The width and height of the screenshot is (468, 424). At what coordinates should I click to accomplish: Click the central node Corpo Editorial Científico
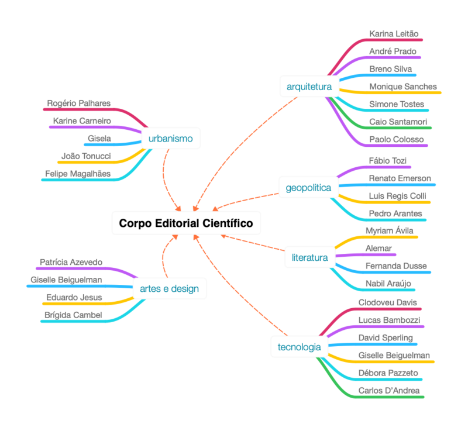tap(186, 223)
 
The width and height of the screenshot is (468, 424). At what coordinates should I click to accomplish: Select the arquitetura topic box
tap(309, 87)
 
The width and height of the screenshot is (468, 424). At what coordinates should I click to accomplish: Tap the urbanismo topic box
tap(171, 139)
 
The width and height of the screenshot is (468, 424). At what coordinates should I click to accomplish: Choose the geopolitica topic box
tap(308, 188)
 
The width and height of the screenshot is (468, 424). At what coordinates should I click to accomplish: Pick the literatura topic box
tap(309, 257)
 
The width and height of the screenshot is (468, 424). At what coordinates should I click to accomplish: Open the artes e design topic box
tap(169, 288)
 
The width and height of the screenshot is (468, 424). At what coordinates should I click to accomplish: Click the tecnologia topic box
tap(299, 347)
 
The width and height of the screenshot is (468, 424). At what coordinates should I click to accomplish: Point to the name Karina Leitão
tap(394, 33)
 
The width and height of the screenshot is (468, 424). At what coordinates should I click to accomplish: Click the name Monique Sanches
tap(403, 87)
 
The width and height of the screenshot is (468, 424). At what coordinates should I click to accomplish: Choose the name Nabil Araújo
tap(388, 284)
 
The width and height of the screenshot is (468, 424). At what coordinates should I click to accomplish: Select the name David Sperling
tap(386, 338)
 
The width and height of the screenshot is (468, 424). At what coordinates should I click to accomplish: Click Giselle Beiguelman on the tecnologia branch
tap(394, 356)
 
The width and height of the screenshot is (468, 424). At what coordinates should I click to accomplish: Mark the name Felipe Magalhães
tap(77, 174)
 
